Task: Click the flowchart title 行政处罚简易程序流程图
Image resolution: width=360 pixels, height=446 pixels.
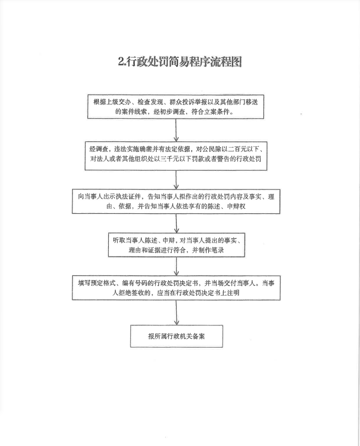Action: click(184, 61)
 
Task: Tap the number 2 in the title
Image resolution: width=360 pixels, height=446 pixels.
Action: click(121, 61)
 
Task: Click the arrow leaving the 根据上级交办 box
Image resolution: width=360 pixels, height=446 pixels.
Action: click(176, 130)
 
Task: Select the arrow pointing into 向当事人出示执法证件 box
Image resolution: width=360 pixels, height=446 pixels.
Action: click(176, 180)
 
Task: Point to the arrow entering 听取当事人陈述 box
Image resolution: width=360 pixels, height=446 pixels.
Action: click(177, 223)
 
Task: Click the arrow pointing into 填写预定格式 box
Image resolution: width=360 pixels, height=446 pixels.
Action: click(177, 266)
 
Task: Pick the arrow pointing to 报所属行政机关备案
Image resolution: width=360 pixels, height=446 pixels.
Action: click(177, 313)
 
